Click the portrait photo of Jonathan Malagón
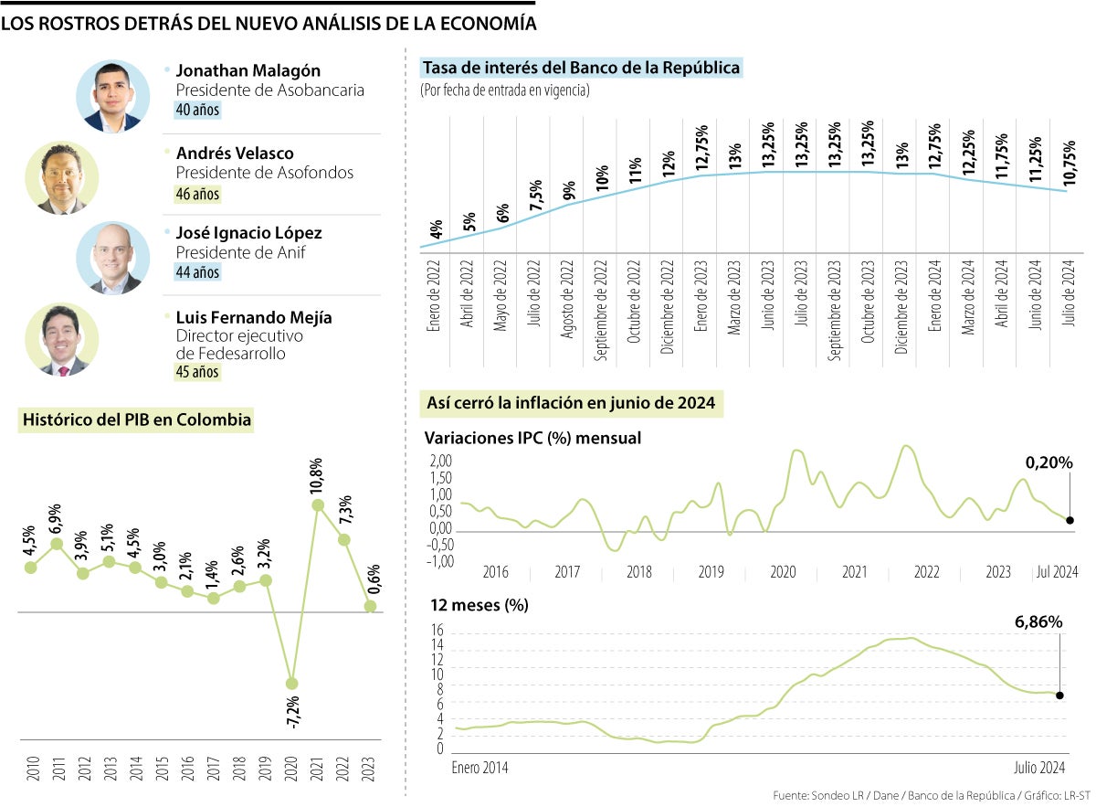point(113,97)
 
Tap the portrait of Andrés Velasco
point(62,177)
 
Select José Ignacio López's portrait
point(113,257)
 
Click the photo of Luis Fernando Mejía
point(62,339)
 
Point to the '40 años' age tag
point(197,110)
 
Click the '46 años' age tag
point(197,194)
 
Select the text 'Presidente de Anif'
point(240,252)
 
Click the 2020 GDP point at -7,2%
point(291,683)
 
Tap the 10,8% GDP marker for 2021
point(318,504)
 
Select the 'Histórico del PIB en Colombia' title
point(136,420)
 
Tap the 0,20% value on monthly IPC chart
point(1048,463)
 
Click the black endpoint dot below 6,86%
point(1059,696)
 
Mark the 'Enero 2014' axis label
point(480,769)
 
